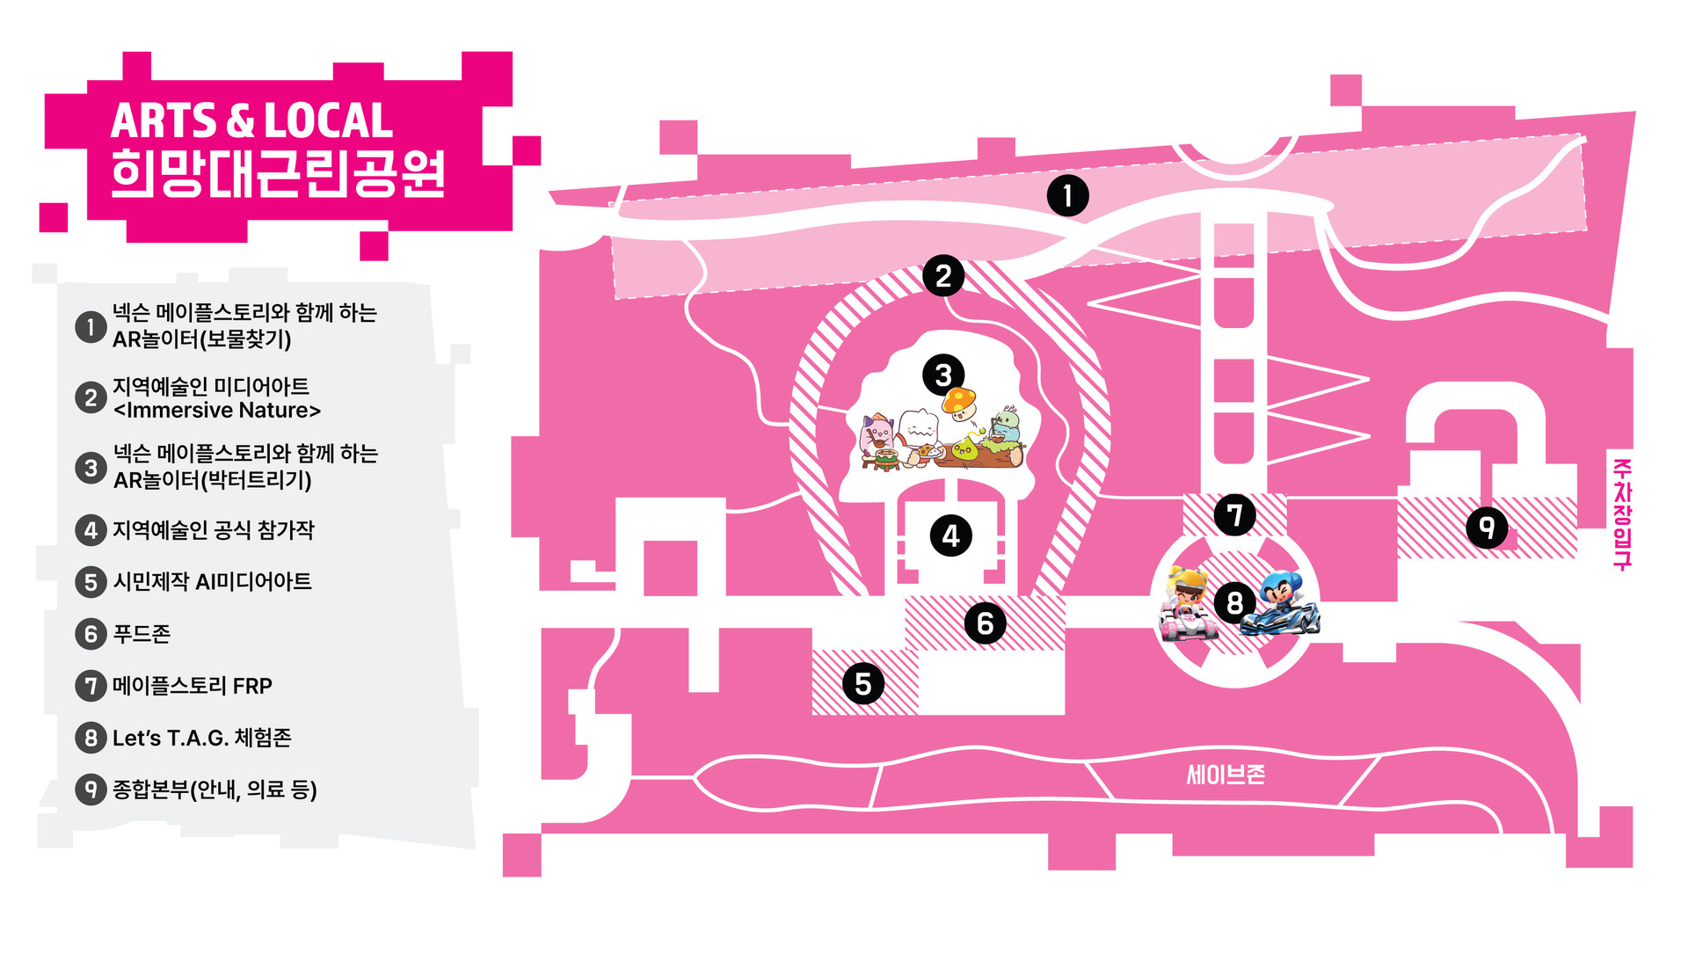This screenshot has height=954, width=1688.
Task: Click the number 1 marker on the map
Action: pyautogui.click(x=1067, y=195)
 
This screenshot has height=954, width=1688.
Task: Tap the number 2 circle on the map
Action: pyautogui.click(x=943, y=276)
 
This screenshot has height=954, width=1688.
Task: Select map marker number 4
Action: pyautogui.click(x=950, y=535)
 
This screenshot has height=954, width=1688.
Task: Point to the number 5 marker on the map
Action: pyautogui.click(x=862, y=684)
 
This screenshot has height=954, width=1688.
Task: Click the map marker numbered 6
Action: pyautogui.click(x=985, y=623)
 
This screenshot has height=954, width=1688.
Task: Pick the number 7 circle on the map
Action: pyautogui.click(x=1234, y=515)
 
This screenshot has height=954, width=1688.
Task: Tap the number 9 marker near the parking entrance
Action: pyautogui.click(x=1487, y=528)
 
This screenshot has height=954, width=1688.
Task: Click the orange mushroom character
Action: pyautogui.click(x=959, y=403)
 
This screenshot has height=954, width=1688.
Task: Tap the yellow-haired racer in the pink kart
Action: pyautogui.click(x=1189, y=605)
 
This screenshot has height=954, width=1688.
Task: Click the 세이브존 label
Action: pyautogui.click(x=1226, y=775)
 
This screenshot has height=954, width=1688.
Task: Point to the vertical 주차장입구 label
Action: pyautogui.click(x=1622, y=514)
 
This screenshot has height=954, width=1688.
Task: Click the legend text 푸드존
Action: pyautogui.click(x=142, y=634)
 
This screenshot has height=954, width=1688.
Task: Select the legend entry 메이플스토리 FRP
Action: pyautogui.click(x=193, y=686)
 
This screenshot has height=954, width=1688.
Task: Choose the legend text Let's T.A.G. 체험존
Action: pyautogui.click(x=201, y=738)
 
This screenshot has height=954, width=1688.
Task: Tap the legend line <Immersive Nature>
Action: pyautogui.click(x=217, y=411)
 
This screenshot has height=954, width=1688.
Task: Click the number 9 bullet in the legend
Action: pyautogui.click(x=91, y=790)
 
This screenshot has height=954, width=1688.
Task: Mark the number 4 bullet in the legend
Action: pyautogui.click(x=91, y=530)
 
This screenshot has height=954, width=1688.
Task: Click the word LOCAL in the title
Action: pyautogui.click(x=328, y=121)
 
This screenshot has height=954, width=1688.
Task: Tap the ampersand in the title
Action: pyautogui.click(x=239, y=121)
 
